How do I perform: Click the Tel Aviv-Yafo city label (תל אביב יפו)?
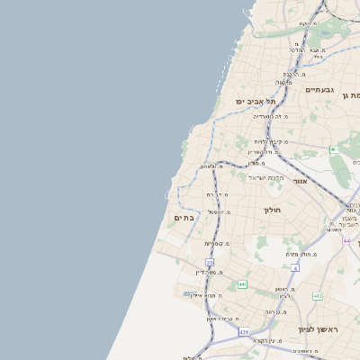click(x=256, y=102)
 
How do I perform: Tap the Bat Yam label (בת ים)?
click(x=185, y=218)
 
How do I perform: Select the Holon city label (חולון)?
click(x=273, y=210)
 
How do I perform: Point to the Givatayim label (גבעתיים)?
click(x=319, y=90)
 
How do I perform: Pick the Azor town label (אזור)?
click(x=300, y=181)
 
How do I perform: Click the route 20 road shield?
click(x=209, y=262)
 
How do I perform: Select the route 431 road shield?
click(x=244, y=332)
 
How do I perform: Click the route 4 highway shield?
click(x=295, y=267)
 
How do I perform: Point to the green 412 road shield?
click(x=317, y=295)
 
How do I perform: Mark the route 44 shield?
click(x=346, y=240)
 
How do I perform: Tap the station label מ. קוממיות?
click(x=216, y=244)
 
